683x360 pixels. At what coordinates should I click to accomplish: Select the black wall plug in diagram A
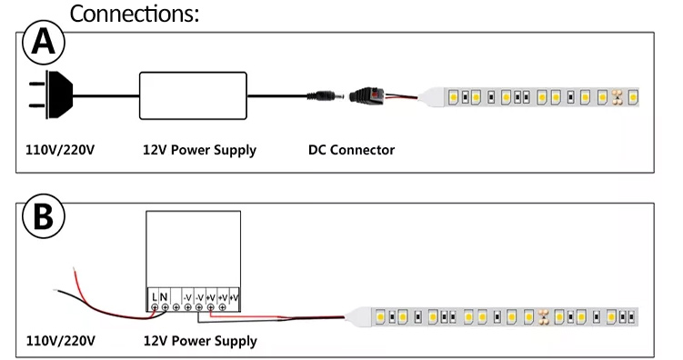tap(54, 94)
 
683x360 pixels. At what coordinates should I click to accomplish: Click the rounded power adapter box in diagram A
tap(192, 94)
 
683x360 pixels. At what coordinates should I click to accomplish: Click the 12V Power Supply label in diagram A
tap(199, 150)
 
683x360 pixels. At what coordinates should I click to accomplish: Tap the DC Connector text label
tap(351, 150)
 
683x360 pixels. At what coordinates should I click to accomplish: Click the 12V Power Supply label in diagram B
tap(199, 342)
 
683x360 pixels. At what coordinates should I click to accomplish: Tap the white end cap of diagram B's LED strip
tap(362, 317)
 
